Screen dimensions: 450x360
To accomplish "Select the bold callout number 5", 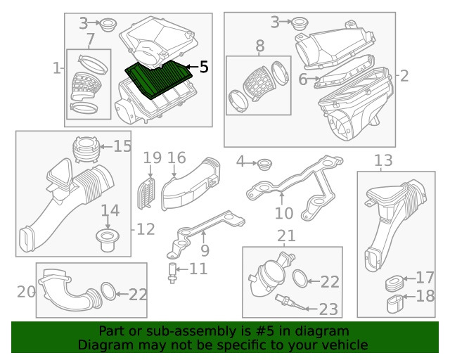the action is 203,67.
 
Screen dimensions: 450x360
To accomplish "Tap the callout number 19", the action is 152,158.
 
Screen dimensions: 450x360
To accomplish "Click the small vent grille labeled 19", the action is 146,193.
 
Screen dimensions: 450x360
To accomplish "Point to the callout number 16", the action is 176,158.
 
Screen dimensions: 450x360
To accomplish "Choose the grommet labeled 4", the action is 264,165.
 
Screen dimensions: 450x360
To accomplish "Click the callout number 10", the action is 284,213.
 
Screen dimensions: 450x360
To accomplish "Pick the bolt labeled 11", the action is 172,273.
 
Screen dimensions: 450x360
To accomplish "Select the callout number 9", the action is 205,250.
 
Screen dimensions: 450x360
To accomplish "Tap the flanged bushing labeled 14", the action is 108,240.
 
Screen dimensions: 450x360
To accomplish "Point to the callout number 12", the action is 146,229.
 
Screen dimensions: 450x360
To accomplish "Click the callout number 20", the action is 26,292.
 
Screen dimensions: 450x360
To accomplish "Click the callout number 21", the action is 286,236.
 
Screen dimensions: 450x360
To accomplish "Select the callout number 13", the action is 383,160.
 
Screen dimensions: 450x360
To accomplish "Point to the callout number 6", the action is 303,79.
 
